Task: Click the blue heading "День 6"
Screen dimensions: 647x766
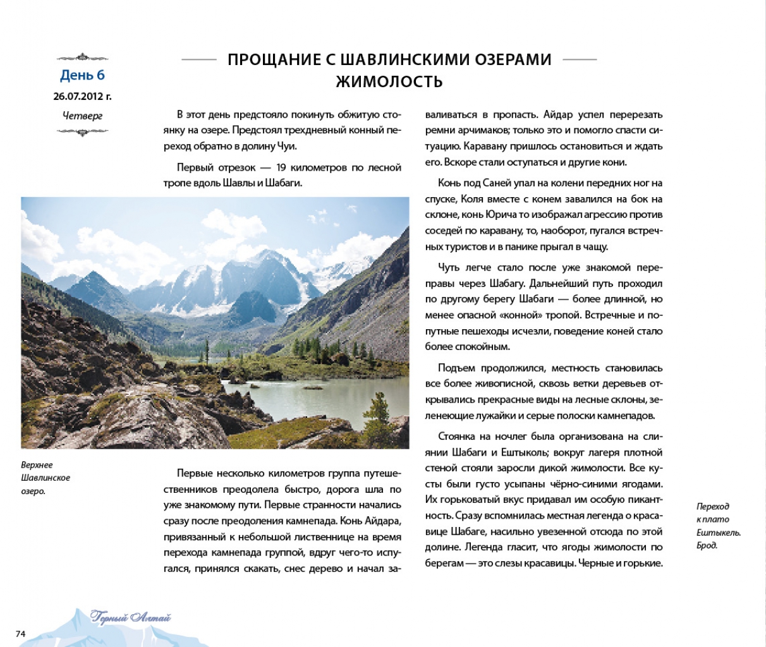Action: (x=82, y=75)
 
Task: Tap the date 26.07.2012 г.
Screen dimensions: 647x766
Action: (x=82, y=97)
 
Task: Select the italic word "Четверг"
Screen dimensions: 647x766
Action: (x=82, y=116)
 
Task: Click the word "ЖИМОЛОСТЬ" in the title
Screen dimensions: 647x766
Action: (x=389, y=82)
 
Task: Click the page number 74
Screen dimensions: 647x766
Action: (x=20, y=633)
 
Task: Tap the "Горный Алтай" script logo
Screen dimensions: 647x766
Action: (x=131, y=617)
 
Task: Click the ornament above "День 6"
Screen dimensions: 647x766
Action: (x=82, y=57)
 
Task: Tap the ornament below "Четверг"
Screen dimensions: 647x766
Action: (x=82, y=131)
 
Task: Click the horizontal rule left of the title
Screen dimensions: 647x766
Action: (x=199, y=59)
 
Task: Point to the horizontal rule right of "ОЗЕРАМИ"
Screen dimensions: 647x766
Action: (x=580, y=59)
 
